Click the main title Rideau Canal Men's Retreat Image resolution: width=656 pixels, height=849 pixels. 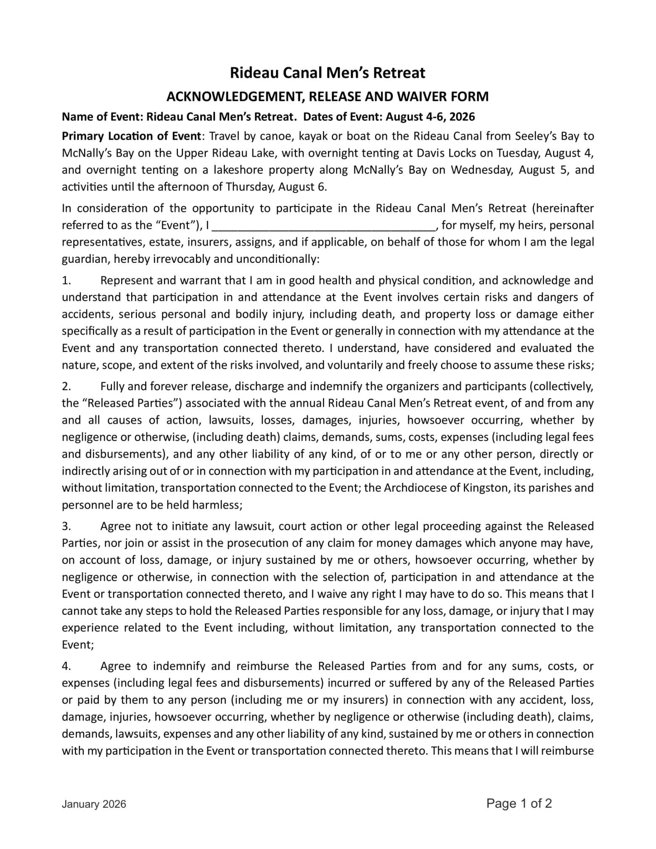[x=327, y=73]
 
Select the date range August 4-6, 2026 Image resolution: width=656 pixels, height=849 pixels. [x=430, y=117]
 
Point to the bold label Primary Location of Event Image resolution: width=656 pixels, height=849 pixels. [x=131, y=136]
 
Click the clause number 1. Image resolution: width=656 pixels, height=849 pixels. [x=66, y=280]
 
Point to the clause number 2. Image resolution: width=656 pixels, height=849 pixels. [x=66, y=386]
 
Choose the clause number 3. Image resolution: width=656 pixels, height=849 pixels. [x=66, y=526]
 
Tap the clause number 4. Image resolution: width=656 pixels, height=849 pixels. [x=66, y=667]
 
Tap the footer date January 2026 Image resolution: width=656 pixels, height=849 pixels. [x=94, y=804]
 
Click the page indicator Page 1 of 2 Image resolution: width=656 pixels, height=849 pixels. [x=519, y=804]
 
